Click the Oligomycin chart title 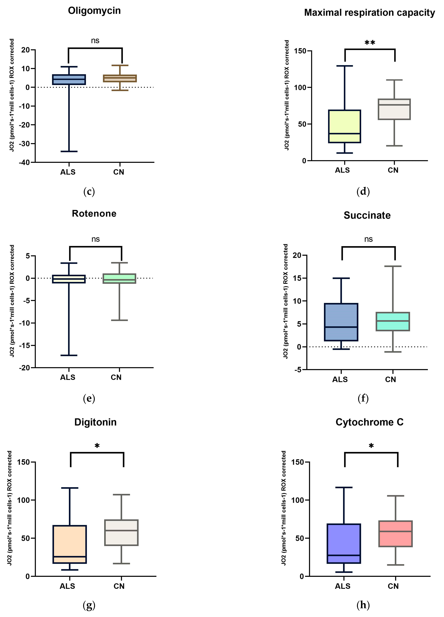tap(94, 11)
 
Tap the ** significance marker tap(370, 43)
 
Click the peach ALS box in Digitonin tap(70, 544)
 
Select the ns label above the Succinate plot tap(368, 239)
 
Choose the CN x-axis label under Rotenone tap(116, 377)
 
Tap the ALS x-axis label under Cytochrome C tap(342, 586)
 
